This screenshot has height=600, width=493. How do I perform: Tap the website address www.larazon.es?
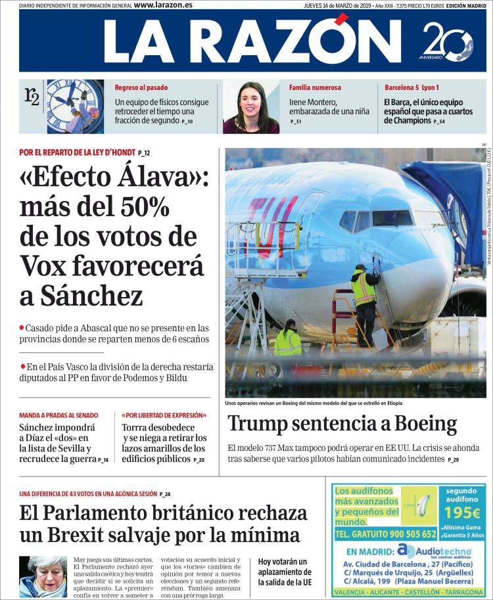tap(163, 5)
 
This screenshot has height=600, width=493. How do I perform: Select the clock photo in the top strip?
tap(75, 106)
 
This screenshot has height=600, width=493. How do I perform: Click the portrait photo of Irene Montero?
tap(251, 107)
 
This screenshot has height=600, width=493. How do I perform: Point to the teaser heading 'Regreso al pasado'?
tap(141, 87)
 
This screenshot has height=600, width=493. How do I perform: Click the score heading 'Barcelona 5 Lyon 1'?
tap(412, 87)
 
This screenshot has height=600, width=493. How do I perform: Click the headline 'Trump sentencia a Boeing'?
tap(342, 424)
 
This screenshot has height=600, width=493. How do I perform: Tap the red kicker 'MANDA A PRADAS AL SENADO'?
tap(59, 415)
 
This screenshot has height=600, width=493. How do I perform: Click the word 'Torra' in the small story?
tap(137, 427)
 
